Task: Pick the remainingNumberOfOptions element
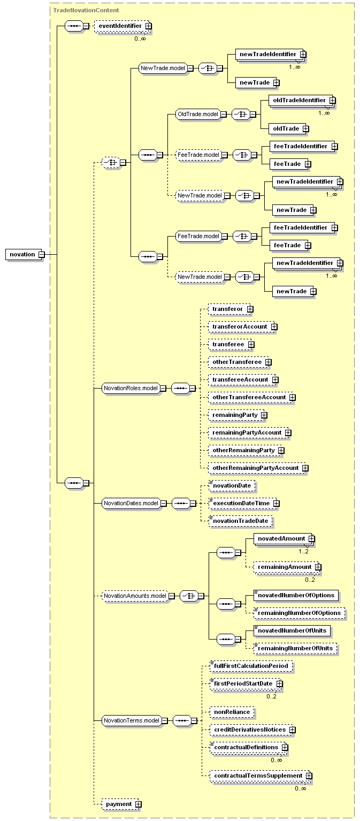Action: (299, 613)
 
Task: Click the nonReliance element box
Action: (232, 712)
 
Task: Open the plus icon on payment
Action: (138, 804)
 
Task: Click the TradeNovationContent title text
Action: (86, 10)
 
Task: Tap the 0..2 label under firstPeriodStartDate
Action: (271, 696)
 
